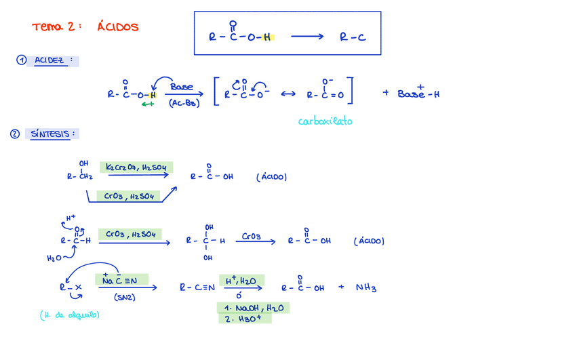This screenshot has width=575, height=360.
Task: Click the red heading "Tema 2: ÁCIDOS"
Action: [x=85, y=27]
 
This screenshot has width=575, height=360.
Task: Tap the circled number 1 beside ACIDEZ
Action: [x=22, y=60]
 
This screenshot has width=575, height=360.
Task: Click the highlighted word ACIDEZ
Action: [x=49, y=61]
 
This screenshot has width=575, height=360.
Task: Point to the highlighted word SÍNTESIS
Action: [x=50, y=134]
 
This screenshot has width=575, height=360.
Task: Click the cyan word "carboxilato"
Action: [x=325, y=121]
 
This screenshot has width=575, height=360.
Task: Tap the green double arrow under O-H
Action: [x=148, y=104]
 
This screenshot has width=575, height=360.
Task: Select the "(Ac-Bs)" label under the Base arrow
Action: [x=184, y=104]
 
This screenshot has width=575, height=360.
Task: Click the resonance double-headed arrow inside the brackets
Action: [x=287, y=94]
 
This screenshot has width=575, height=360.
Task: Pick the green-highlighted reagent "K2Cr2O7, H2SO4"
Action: [x=137, y=167]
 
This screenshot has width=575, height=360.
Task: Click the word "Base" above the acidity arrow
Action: [x=182, y=87]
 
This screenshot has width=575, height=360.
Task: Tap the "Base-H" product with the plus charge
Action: [x=418, y=94]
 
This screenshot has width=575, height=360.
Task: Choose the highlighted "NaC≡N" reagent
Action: [x=120, y=280]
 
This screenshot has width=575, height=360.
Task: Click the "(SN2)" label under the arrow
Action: [x=124, y=297]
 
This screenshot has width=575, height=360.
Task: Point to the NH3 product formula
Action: [x=366, y=287]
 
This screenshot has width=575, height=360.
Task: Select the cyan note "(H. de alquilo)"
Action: [x=70, y=315]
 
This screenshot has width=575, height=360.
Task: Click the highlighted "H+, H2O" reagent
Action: [x=241, y=281]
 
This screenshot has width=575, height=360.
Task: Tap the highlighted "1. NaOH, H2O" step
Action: [x=254, y=308]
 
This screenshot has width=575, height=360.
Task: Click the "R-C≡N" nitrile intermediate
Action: [x=197, y=287]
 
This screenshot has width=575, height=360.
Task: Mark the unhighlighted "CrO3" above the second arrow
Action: [x=251, y=237]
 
